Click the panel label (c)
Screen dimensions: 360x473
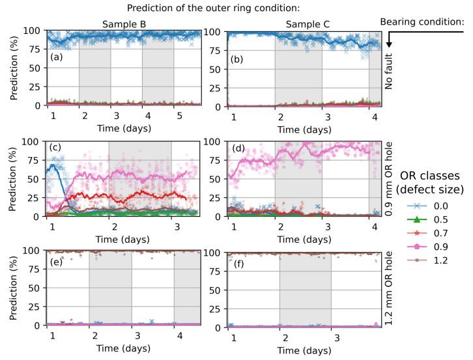[57, 148]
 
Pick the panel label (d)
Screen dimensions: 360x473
[237, 148]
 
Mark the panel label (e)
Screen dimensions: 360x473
[57, 261]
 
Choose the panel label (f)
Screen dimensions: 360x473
[237, 261]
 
